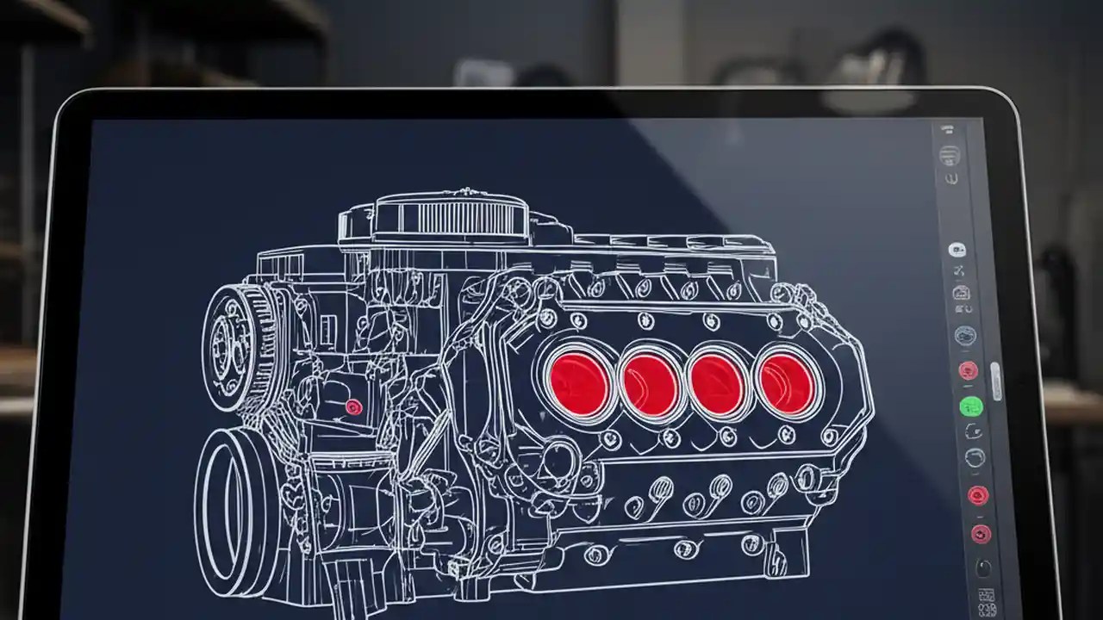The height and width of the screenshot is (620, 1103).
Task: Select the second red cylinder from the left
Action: click(x=650, y=381)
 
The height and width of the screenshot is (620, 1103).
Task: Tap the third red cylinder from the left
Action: click(x=717, y=382)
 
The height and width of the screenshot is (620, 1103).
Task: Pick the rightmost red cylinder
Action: click(x=785, y=381)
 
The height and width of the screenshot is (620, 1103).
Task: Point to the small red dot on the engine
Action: click(x=353, y=407)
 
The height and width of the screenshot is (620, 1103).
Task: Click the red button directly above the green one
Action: click(x=968, y=370)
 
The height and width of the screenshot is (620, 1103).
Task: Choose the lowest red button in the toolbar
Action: click(x=981, y=534)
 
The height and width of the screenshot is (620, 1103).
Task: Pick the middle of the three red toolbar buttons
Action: click(x=977, y=495)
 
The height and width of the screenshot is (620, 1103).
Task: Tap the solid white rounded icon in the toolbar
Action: click(x=957, y=250)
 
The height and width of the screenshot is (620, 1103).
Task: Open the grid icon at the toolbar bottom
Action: click(x=987, y=597)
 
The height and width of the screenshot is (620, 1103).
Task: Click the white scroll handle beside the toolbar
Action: click(x=996, y=381)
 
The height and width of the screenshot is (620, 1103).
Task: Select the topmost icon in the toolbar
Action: click(x=947, y=129)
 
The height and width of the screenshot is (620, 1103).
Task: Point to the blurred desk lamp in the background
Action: click(x=870, y=82)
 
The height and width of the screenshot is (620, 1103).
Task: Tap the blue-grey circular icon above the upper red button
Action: click(x=965, y=335)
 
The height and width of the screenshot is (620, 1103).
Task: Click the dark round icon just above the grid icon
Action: click(x=983, y=567)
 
